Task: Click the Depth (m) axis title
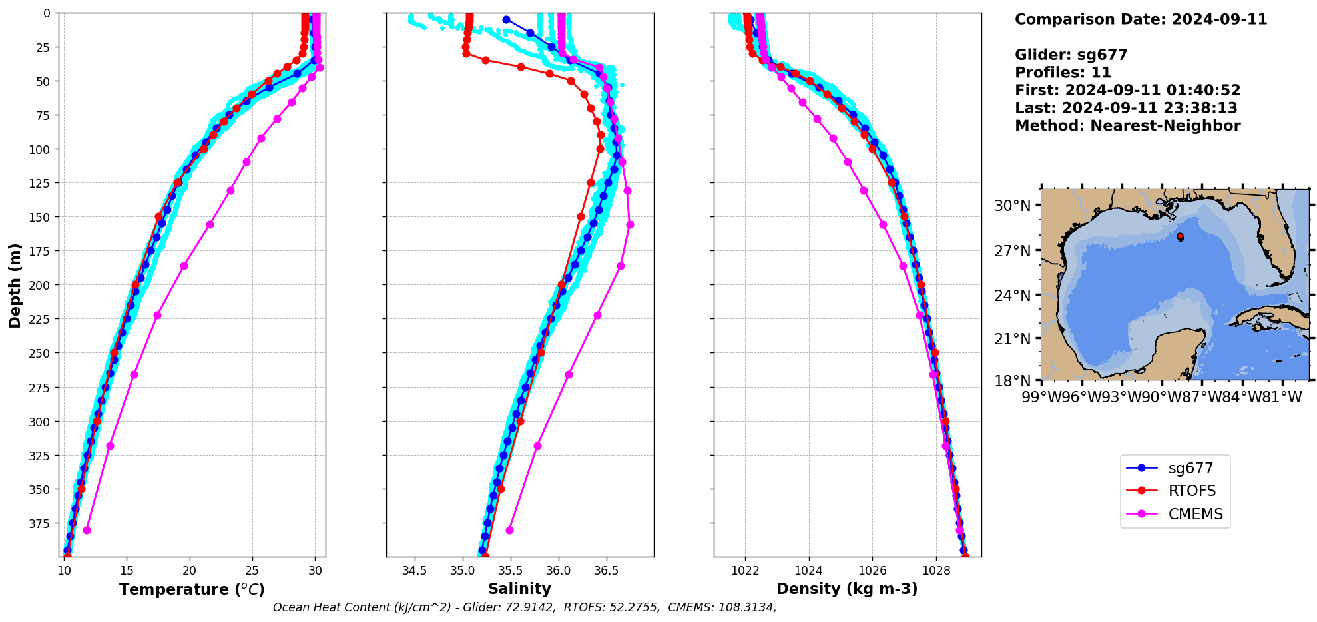click(x=15, y=285)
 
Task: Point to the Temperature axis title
click(x=192, y=589)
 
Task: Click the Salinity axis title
click(x=519, y=589)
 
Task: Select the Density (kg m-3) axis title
click(x=847, y=589)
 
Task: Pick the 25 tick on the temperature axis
click(x=252, y=571)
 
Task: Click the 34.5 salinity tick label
click(x=415, y=571)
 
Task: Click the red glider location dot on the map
click(x=1180, y=236)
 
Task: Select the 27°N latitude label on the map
click(x=1012, y=251)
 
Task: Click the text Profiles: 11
click(x=1063, y=73)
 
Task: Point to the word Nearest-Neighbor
click(x=1165, y=126)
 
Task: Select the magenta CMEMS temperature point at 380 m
click(x=87, y=530)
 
